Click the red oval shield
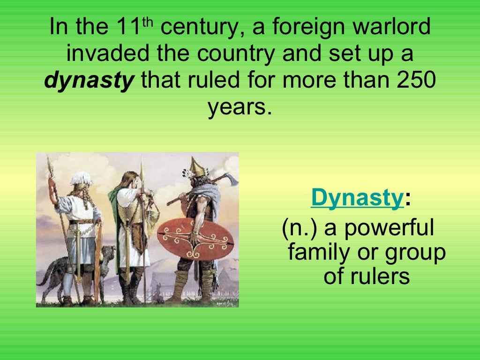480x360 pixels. [195, 239]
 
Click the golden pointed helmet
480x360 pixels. [197, 168]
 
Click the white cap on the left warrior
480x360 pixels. [81, 179]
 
